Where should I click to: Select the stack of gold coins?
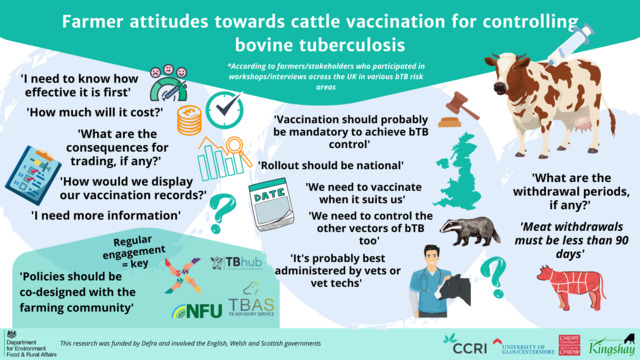[x=188, y=122]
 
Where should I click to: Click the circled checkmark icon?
[x=228, y=106]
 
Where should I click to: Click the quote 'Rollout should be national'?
[x=330, y=165]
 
